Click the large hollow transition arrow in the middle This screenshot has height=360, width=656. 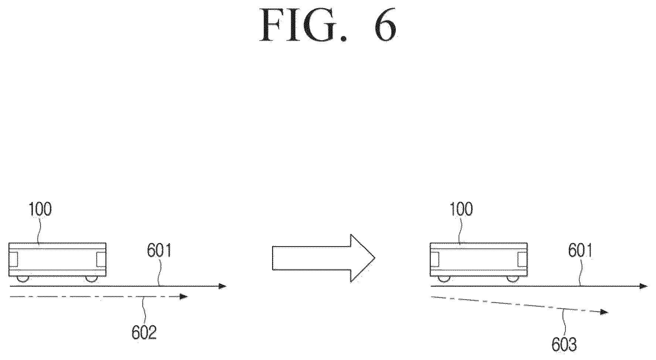[x=324, y=258]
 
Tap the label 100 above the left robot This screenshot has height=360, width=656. [x=40, y=210]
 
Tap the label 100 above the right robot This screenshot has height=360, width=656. [x=461, y=210]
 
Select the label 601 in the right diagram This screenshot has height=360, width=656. [x=580, y=252]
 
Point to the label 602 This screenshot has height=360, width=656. [x=144, y=333]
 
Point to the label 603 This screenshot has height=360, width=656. [x=564, y=345]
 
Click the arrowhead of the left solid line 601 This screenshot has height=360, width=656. [x=222, y=286]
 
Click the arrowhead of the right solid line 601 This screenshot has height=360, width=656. [x=643, y=286]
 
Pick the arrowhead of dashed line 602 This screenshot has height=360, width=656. [x=184, y=296]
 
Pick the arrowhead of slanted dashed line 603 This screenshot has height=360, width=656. [x=604, y=312]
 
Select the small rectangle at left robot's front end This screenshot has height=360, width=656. [x=101, y=259]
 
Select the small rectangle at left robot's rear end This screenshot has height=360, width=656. [x=13, y=259]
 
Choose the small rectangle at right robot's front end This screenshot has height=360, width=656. [x=522, y=259]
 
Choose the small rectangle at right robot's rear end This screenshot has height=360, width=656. [x=435, y=259]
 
